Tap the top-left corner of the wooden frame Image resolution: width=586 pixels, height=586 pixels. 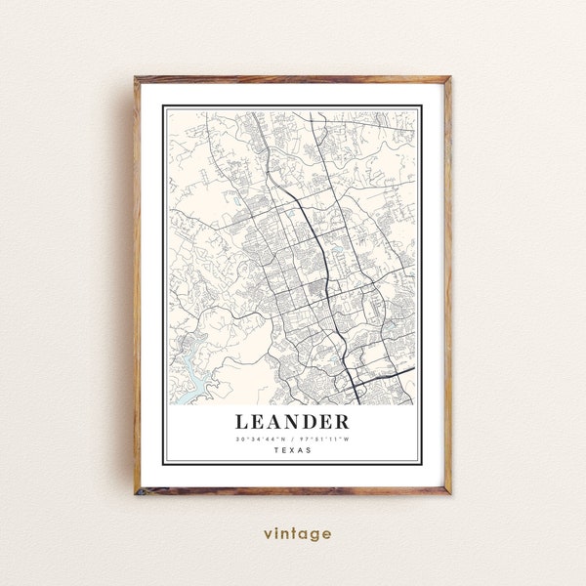(138, 76)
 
